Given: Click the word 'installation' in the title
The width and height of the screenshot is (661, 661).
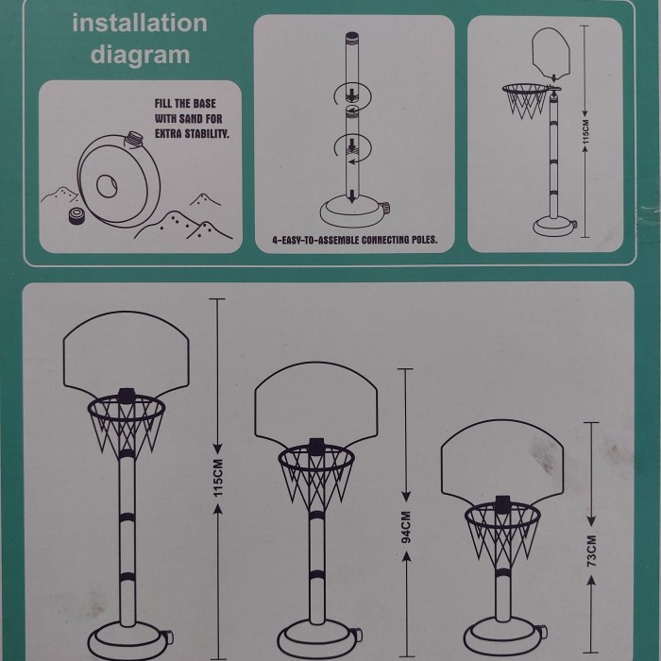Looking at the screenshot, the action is (140, 24).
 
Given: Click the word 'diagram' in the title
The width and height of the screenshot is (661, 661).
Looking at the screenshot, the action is (140, 56).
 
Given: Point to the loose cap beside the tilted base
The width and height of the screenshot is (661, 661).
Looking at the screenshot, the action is (77, 215).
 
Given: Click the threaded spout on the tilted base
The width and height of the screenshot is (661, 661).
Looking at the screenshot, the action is (135, 138).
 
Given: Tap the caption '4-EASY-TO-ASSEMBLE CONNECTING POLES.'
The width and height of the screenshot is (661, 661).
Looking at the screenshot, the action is (355, 240).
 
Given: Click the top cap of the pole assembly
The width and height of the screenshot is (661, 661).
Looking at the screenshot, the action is (351, 37).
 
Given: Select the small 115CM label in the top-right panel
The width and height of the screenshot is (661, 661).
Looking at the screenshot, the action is (585, 131).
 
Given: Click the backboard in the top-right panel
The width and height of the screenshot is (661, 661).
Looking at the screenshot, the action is (551, 52).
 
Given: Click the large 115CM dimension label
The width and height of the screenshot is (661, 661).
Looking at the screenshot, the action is (217, 477).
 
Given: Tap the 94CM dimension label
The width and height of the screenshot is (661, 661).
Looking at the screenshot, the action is (405, 527).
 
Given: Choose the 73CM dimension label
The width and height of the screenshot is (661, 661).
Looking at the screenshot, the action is (591, 551).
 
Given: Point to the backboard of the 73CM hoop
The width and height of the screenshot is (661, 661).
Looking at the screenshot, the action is (502, 461).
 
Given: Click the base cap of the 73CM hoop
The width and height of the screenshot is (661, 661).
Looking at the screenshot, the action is (543, 632).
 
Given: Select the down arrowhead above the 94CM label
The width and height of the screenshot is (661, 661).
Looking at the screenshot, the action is (405, 496).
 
